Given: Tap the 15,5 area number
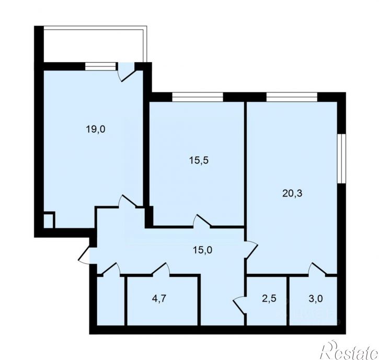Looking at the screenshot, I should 199,161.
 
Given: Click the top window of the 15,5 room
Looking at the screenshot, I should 198,96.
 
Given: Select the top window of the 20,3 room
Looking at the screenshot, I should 291,96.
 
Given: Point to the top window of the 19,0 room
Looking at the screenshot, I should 100,66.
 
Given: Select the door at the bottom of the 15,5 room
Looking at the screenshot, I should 203,222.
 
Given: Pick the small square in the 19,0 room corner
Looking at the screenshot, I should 48,219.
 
